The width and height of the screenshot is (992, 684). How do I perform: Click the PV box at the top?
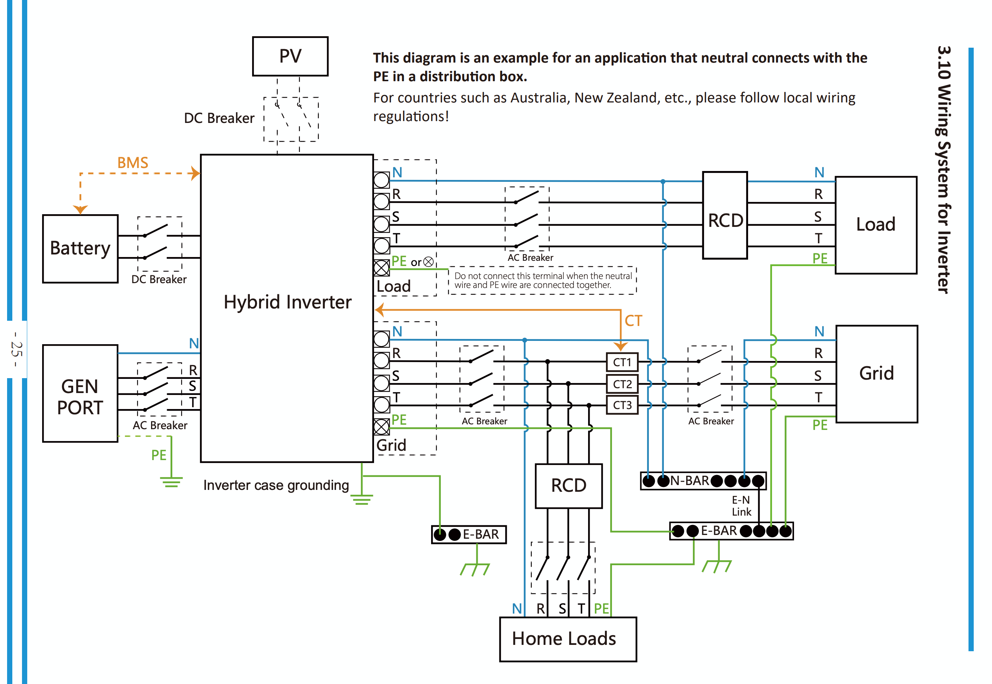[291, 56]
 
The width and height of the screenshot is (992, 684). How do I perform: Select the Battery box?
[80, 248]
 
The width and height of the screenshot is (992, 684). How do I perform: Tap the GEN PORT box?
[80, 393]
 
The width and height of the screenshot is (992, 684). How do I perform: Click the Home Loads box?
[568, 639]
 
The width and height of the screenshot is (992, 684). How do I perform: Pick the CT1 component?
[622, 362]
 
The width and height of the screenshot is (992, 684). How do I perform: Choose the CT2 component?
[622, 384]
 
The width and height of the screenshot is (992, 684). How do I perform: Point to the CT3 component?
[622, 405]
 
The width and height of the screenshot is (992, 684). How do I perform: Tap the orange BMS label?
[133, 163]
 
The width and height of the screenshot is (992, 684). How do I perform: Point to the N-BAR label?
[690, 481]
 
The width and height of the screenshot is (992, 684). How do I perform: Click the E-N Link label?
[741, 506]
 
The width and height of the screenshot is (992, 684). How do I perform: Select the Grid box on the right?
[877, 374]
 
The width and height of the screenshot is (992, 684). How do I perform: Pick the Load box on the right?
[876, 225]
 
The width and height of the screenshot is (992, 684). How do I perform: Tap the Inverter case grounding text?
[276, 485]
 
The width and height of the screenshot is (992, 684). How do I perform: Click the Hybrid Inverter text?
[288, 302]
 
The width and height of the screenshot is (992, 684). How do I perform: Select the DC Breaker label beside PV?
[219, 118]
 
